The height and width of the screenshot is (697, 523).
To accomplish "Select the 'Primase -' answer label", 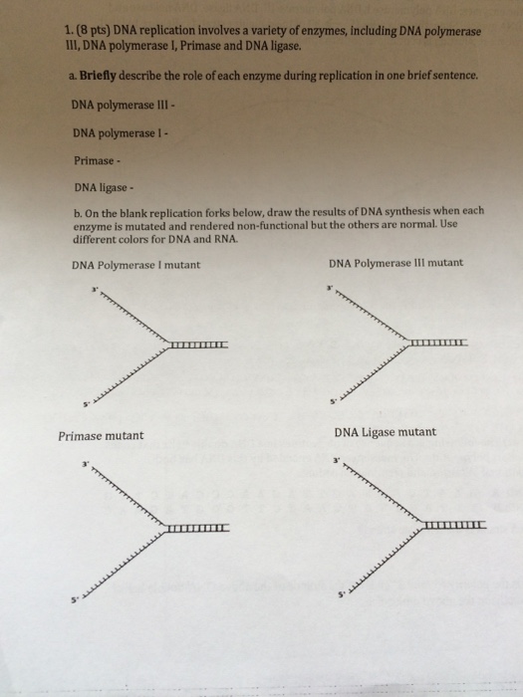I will tap(96, 159).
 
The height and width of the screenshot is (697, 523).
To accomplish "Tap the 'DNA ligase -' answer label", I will tap(103, 186).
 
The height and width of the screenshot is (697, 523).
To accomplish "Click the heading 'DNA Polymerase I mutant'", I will tap(135, 265).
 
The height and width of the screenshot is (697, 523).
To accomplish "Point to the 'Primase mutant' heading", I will tap(101, 436).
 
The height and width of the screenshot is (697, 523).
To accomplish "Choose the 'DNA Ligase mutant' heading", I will tap(385, 432).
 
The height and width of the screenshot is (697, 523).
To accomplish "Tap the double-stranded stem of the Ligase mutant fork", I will tap(454, 525).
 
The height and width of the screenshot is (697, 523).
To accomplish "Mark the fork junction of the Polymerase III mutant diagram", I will tap(407, 344).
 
